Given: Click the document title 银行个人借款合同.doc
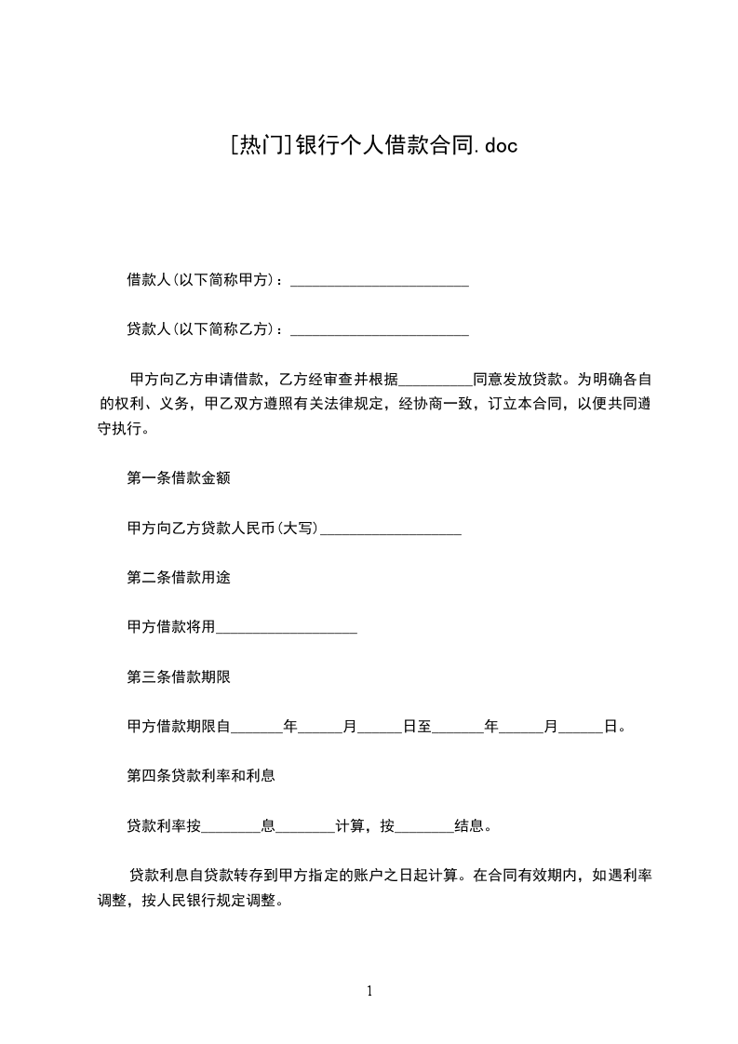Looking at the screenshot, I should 405,145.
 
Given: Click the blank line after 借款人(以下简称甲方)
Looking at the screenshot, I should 380,281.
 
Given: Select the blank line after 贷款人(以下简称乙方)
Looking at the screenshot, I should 380,330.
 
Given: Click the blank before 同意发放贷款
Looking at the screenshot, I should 436,381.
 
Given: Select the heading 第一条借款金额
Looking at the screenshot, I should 179,479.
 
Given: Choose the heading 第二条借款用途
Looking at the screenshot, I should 179,578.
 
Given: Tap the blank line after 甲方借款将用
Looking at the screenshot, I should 287,629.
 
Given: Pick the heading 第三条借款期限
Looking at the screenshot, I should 179,676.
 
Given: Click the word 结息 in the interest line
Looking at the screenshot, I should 467,825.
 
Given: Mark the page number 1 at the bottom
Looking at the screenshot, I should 369,991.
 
